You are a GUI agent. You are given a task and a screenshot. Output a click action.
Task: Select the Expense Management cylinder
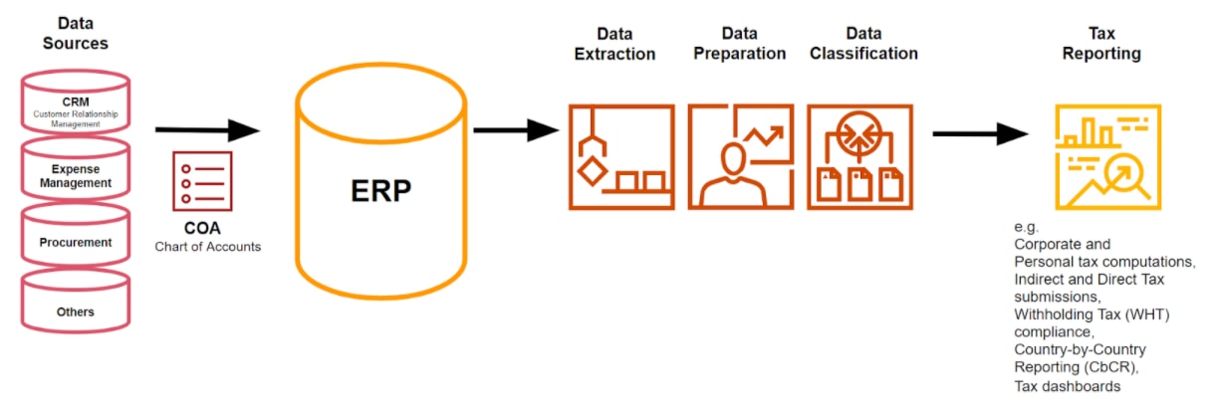click(76, 175)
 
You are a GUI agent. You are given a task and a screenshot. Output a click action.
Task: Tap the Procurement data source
click(76, 242)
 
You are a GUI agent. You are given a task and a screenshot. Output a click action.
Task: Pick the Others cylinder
click(76, 311)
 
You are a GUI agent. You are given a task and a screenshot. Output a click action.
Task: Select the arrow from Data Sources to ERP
click(206, 129)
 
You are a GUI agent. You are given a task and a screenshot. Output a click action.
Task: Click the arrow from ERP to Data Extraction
click(515, 129)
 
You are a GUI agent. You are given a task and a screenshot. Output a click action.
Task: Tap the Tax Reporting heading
click(1101, 43)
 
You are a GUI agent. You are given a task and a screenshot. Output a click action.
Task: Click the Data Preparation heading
click(739, 43)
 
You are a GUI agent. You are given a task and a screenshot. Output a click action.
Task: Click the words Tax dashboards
click(1067, 386)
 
